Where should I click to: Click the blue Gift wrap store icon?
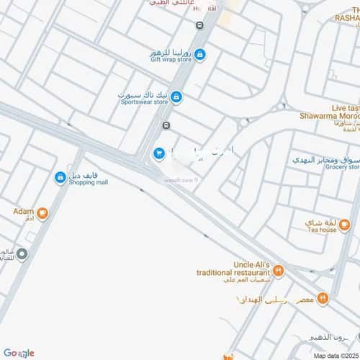click(x=200, y=54)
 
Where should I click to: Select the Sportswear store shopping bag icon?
click(x=176, y=96)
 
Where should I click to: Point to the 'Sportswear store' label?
click(x=144, y=102)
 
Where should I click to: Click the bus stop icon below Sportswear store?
click(x=166, y=125)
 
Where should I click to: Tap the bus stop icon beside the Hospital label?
click(x=199, y=24)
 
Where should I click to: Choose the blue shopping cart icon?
click(x=158, y=153)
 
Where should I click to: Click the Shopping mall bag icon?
click(x=60, y=176)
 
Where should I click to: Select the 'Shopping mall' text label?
click(x=89, y=182)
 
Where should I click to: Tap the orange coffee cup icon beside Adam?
click(x=42, y=212)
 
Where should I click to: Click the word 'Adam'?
click(x=23, y=212)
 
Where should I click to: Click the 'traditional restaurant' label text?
click(x=233, y=274)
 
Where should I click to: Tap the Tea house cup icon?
click(x=344, y=225)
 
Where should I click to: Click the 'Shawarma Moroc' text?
click(x=328, y=115)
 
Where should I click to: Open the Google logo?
click(x=18, y=353)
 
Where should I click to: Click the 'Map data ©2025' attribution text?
click(x=333, y=356)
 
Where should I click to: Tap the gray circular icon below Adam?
click(x=22, y=253)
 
